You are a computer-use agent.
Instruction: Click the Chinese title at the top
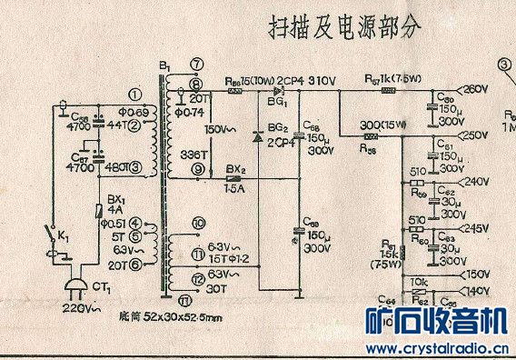coord(345,26)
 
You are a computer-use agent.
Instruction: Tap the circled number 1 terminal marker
coord(135,94)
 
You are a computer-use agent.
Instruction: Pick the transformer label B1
coord(164,67)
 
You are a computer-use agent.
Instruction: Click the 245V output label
coord(476,228)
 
